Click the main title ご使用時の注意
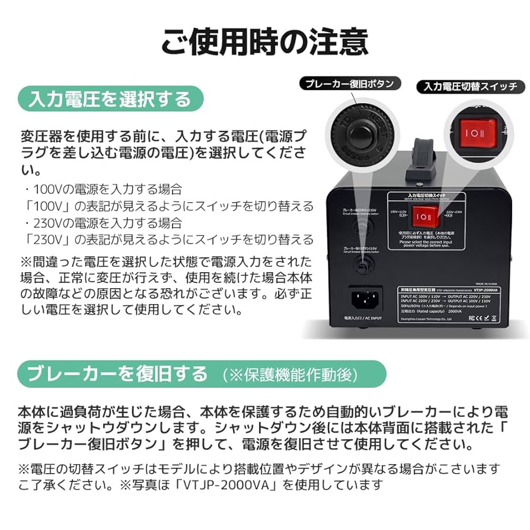[x=264, y=42]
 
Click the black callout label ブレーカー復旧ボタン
[x=349, y=84]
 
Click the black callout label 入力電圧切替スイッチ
[x=470, y=87]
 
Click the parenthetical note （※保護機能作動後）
[x=290, y=375]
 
